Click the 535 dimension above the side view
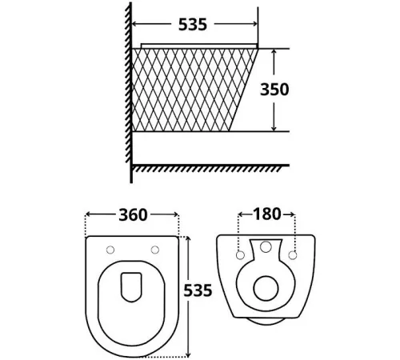[193, 25]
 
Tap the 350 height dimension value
[274, 90]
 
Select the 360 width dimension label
[133, 215]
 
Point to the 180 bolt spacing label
[267, 214]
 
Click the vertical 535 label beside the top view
[198, 290]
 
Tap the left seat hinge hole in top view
[110, 250]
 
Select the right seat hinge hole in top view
[155, 250]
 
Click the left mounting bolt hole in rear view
[240, 255]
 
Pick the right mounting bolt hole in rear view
[293, 255]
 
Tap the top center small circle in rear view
[266, 246]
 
